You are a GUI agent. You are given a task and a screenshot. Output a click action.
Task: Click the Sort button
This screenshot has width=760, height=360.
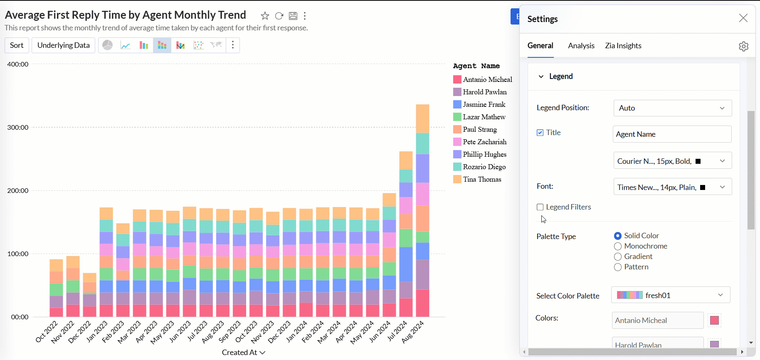tap(17, 45)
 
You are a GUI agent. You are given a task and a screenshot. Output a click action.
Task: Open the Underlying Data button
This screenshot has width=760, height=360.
tap(63, 45)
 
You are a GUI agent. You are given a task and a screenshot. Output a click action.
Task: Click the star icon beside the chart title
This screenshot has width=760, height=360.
tap(265, 16)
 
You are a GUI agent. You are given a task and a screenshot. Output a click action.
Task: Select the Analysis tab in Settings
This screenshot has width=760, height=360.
tap(581, 46)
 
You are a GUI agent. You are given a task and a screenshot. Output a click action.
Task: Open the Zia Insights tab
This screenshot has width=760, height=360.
tap(623, 46)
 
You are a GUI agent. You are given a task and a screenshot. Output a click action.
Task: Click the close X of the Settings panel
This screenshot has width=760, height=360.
tap(743, 18)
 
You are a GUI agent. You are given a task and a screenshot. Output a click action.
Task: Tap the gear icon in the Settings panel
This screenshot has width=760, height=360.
tap(743, 46)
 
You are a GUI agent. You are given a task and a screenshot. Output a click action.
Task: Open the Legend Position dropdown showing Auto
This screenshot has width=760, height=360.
tap(672, 108)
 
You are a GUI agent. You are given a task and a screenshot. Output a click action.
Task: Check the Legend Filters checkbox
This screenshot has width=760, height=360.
tap(540, 207)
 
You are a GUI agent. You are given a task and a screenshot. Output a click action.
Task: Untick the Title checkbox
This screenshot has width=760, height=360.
tap(540, 133)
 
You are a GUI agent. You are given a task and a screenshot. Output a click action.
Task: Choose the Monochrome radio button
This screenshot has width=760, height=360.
tap(618, 247)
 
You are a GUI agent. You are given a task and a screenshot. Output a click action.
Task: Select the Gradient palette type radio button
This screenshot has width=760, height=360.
tap(618, 257)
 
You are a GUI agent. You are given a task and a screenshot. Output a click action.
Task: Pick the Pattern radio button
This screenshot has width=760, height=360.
tap(618, 267)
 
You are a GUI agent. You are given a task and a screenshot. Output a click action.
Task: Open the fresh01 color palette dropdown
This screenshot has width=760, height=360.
tap(670, 295)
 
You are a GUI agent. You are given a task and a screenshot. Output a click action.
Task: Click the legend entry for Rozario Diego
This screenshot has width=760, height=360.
tap(484, 167)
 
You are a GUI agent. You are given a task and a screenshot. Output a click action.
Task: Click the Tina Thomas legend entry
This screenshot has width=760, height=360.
tap(482, 179)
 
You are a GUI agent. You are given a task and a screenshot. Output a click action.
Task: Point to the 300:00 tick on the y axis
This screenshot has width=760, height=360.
tap(18, 128)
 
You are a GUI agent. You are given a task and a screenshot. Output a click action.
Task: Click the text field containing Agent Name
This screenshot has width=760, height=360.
tap(672, 134)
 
